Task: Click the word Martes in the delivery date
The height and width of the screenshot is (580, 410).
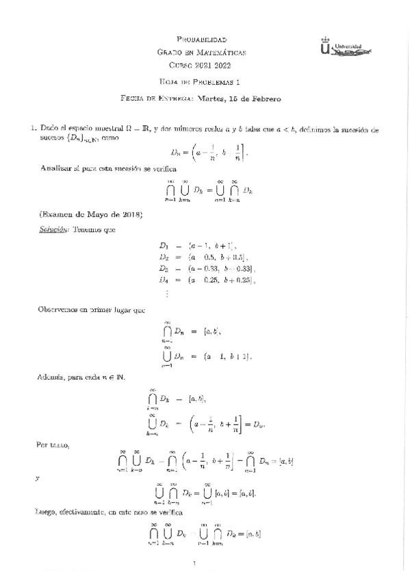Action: pos(212,98)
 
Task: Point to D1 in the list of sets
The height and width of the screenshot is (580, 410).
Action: pos(164,245)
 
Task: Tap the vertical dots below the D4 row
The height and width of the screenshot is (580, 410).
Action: pos(165,293)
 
